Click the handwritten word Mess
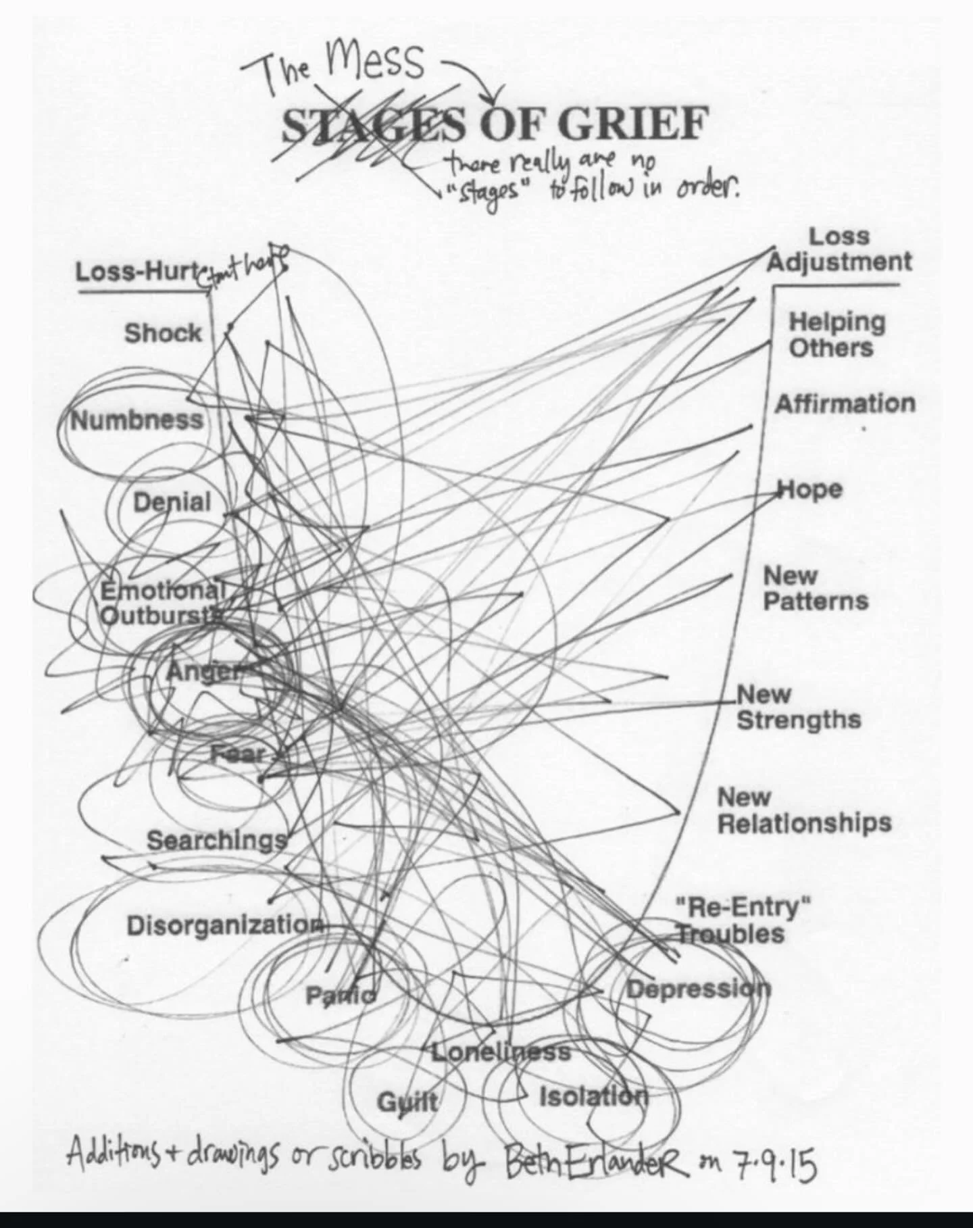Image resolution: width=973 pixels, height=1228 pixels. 375,61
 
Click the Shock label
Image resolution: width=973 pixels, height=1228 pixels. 163,333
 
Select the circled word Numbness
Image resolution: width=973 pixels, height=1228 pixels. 137,420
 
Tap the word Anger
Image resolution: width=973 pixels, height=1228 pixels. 202,671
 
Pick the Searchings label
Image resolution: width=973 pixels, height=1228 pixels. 217,840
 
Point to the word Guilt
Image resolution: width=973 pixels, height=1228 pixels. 407,1102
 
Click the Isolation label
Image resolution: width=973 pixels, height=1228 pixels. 593,1096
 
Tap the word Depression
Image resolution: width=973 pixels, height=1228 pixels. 698,989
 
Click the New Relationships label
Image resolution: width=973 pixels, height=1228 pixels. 803,810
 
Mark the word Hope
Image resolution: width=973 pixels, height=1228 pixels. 810,489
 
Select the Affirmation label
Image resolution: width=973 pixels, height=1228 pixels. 845,404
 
